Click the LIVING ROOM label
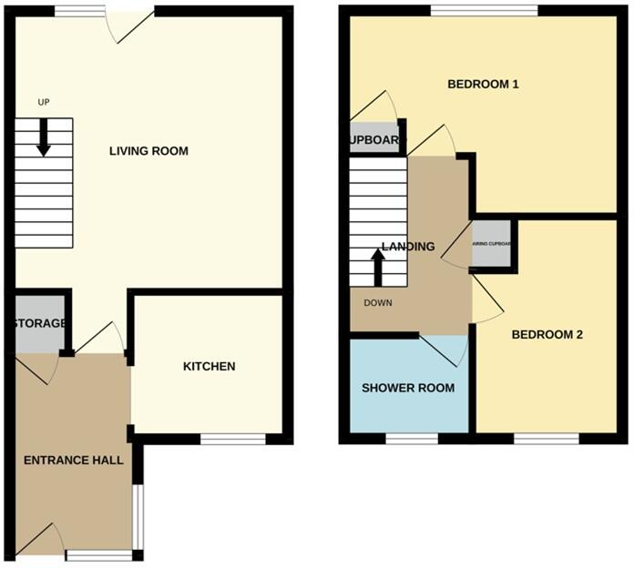click(x=148, y=151)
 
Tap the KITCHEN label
click(x=210, y=367)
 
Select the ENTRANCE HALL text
click(x=74, y=460)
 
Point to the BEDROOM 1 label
click(x=483, y=85)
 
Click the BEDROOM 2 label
click(x=547, y=335)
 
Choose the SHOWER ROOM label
click(x=408, y=389)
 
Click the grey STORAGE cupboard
click(x=39, y=325)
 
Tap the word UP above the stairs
click(x=43, y=102)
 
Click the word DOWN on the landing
click(x=377, y=303)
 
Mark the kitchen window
click(x=233, y=440)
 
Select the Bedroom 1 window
click(x=484, y=10)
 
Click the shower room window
click(x=411, y=440)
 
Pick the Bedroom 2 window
click(x=546, y=440)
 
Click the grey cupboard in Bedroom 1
click(x=373, y=139)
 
